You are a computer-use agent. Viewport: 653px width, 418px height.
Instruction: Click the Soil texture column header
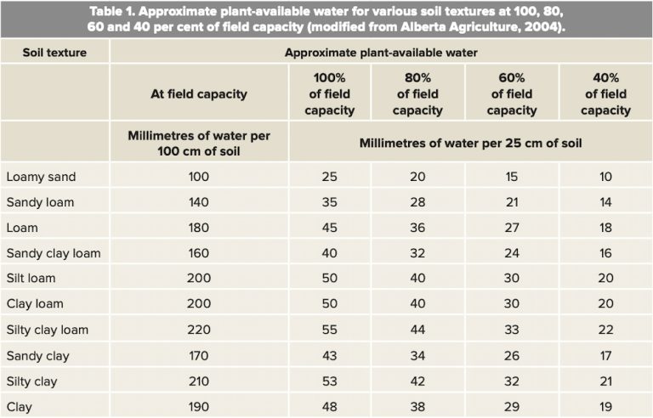click(x=54, y=52)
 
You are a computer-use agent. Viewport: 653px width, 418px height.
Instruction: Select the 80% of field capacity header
click(x=417, y=93)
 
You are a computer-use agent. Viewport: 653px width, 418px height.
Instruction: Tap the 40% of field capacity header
click(x=605, y=93)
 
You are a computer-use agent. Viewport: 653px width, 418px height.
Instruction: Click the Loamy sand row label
click(x=41, y=177)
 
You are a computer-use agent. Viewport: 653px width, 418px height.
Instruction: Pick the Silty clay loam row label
click(x=48, y=330)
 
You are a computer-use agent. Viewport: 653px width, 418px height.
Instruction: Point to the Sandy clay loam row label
click(x=53, y=253)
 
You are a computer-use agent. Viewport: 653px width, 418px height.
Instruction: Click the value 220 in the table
click(x=199, y=330)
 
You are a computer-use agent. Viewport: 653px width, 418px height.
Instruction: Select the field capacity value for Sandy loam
click(x=199, y=202)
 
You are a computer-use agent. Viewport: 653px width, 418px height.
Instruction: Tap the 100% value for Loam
click(x=330, y=228)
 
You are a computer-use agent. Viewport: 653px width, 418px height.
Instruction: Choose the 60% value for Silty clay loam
click(x=512, y=330)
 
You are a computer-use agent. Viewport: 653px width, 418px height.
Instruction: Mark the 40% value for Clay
click(x=605, y=406)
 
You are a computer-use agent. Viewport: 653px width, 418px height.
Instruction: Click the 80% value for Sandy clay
click(x=417, y=355)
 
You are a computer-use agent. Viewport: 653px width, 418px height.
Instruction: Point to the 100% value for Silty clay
click(x=330, y=381)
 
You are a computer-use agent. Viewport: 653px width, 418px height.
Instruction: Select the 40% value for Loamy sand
click(x=605, y=177)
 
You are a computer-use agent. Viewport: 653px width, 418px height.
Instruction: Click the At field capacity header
click(x=199, y=93)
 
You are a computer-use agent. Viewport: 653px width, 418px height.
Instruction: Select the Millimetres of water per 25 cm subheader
click(x=469, y=141)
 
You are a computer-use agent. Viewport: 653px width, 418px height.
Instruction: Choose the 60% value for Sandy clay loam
click(x=512, y=253)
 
